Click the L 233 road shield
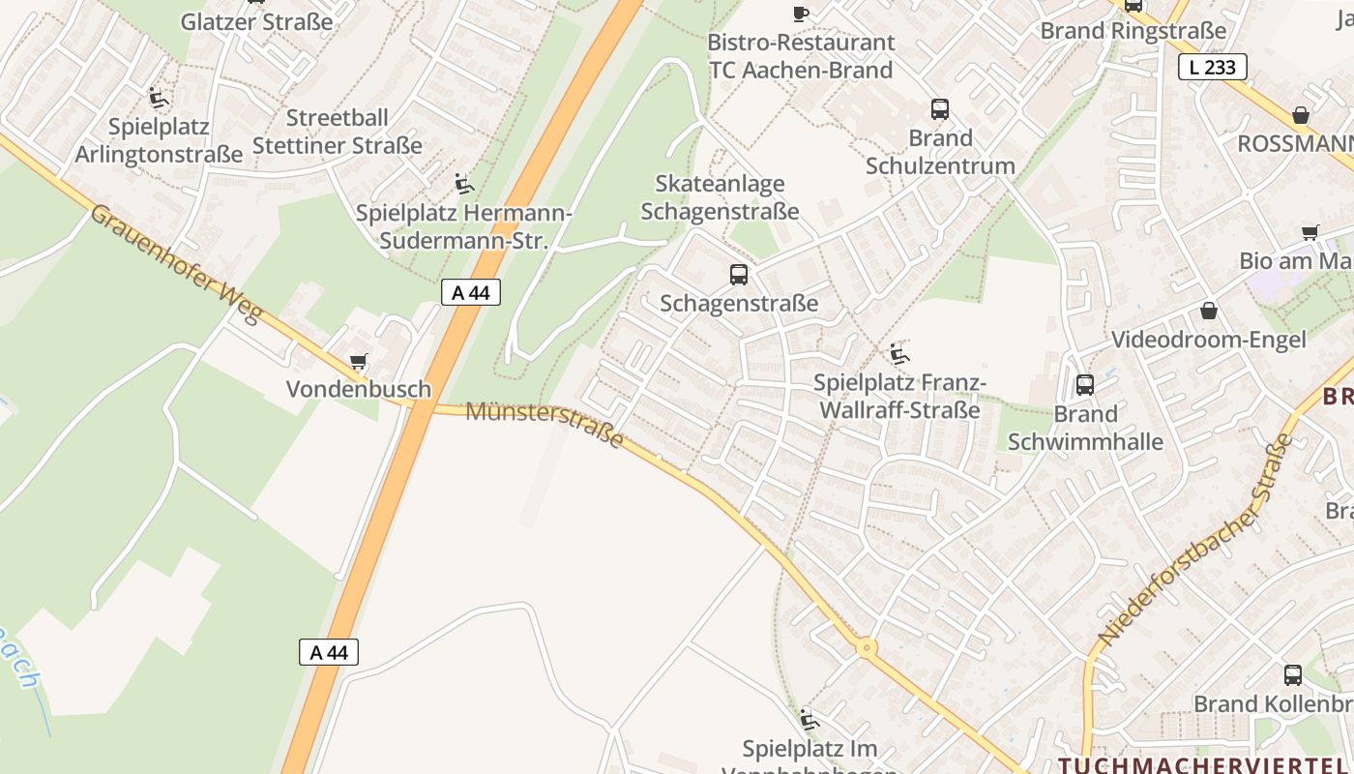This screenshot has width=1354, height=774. click(1212, 67)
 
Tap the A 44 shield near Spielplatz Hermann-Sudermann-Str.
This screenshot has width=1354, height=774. click(471, 292)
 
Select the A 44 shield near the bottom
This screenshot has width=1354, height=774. click(329, 652)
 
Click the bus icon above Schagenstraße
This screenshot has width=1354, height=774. click(739, 275)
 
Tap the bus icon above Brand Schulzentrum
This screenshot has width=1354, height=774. click(940, 109)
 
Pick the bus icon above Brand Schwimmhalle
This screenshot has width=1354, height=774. click(1085, 385)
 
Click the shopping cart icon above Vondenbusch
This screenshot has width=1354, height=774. click(359, 362)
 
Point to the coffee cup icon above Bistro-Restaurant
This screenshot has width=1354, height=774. click(800, 14)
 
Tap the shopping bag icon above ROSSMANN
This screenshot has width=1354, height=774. click(1301, 115)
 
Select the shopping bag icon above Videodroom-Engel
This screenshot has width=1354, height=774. click(1208, 311)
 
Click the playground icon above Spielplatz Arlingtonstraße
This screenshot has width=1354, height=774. click(158, 98)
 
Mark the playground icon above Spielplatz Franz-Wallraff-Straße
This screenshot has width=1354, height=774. click(899, 354)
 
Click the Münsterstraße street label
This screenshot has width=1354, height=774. click(545, 424)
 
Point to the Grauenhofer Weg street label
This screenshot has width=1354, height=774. click(175, 262)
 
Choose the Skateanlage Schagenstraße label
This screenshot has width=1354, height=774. click(720, 197)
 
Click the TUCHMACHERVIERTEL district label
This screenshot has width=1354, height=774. click(1204, 763)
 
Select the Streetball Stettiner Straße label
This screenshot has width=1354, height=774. click(338, 132)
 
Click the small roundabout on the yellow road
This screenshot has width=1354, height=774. click(867, 648)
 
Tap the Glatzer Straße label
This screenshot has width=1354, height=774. click(256, 21)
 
